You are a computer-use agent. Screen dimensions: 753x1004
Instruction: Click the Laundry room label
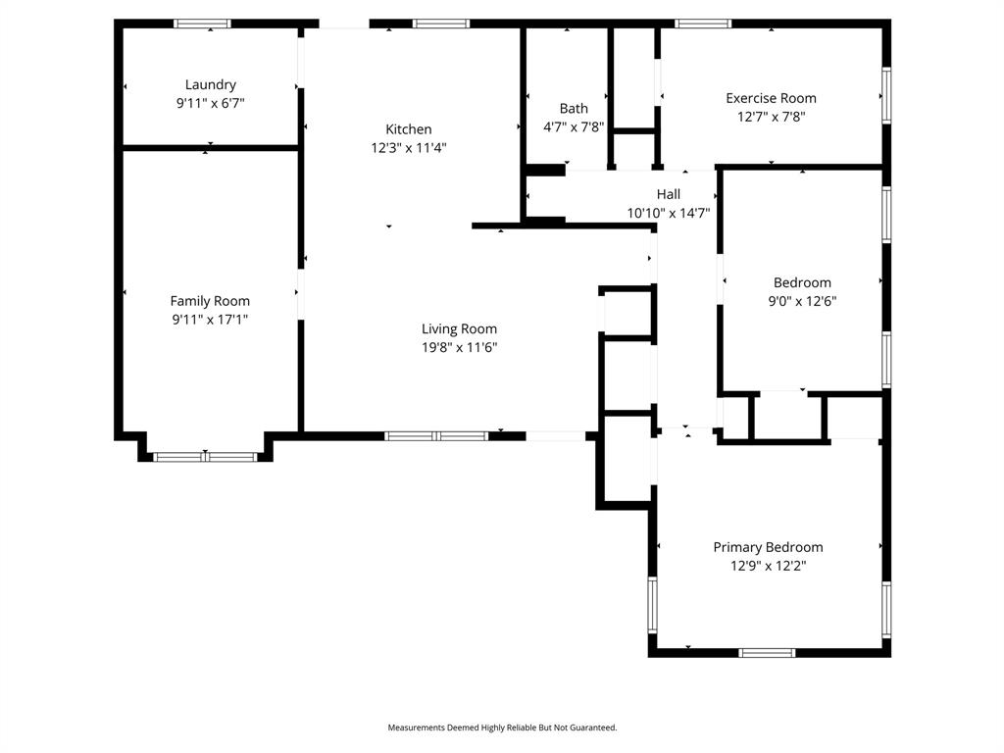pos(211,85)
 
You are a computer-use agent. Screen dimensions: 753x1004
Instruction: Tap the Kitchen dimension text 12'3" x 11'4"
pos(408,148)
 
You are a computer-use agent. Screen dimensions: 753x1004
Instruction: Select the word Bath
pos(574,109)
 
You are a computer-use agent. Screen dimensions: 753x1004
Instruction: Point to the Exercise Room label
pos(771,98)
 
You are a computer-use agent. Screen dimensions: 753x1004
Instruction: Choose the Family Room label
pos(210,301)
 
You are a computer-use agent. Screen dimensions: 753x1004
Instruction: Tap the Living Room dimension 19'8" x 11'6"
pos(459,347)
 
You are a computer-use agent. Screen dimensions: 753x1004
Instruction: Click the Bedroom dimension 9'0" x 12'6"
pos(802,301)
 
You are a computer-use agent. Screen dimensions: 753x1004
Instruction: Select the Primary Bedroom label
pos(768,547)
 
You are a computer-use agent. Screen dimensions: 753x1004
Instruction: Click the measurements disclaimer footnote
pos(502,728)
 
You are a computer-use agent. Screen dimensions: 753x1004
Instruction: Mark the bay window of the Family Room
pos(206,456)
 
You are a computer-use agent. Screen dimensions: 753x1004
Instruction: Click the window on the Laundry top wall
pos(203,24)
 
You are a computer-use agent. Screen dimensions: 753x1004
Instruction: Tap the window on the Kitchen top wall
pos(441,24)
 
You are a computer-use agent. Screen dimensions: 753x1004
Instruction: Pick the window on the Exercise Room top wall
pos(703,24)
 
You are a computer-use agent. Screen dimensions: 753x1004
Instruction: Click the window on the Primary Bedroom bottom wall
pos(767,652)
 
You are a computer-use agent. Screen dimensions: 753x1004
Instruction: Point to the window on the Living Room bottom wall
pos(436,435)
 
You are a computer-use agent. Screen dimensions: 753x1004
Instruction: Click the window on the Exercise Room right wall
pos(886,95)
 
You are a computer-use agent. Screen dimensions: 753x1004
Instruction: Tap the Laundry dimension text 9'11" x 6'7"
pos(211,103)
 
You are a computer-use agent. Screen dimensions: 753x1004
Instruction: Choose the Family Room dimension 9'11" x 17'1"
pos(210,319)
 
